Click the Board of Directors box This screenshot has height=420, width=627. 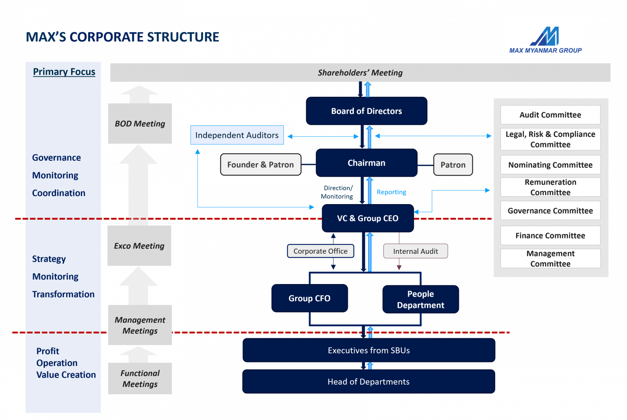(x=367, y=111)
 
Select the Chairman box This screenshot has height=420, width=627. (x=366, y=163)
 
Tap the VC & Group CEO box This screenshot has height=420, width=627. (x=367, y=218)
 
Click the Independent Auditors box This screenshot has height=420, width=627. (x=237, y=135)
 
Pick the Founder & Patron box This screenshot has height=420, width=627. (x=260, y=164)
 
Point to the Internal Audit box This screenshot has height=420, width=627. (x=415, y=251)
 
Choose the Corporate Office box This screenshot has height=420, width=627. (x=320, y=251)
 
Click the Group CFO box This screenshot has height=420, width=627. (x=309, y=298)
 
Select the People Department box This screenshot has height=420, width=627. (x=420, y=300)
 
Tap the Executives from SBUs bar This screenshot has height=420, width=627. (x=369, y=350)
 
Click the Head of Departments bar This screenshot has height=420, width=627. (x=369, y=382)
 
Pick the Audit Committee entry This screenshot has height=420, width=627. (x=550, y=115)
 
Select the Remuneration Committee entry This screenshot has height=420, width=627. (x=550, y=187)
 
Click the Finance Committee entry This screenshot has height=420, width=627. (x=550, y=236)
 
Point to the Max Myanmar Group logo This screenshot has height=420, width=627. (x=545, y=36)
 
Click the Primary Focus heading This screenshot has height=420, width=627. (x=64, y=72)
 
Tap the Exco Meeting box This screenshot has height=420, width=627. (x=139, y=246)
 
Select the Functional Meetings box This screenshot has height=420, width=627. (x=140, y=378)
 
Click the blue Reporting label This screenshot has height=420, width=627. (x=391, y=192)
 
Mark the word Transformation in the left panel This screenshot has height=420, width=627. (x=63, y=294)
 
